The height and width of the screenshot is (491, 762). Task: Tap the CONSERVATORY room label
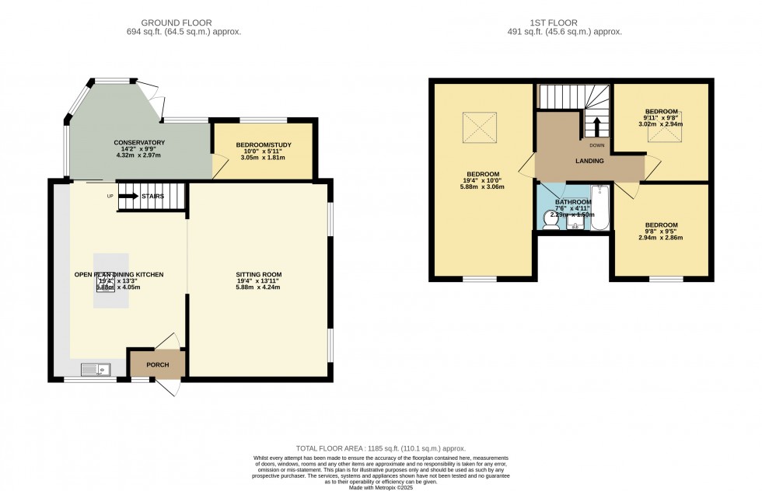pos(139,143)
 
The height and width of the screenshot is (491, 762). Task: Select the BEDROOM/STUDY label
pos(263,145)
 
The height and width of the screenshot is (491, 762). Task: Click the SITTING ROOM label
pos(259,274)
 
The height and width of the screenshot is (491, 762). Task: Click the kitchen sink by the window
pos(96,370)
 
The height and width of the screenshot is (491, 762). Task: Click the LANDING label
pos(590,161)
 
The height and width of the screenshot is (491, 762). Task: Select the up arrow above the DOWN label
pos(596,126)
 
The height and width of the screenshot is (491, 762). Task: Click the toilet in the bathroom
pos(550,220)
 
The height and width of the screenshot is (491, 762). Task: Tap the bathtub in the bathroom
pos(600,209)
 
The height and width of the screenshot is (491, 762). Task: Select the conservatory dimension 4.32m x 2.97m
pos(139,156)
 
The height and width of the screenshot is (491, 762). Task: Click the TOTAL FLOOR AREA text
pos(380,449)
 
